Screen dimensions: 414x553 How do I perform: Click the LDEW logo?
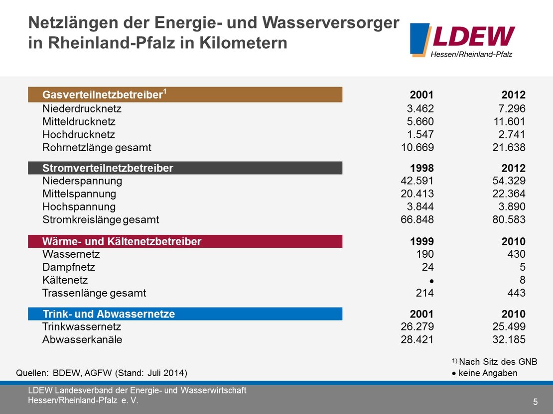pos(462,40)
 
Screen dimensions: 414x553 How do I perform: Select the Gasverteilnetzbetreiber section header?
pos(185,95)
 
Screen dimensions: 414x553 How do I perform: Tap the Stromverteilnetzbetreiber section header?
pos(185,168)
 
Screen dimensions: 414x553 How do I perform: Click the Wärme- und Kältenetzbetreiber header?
pos(185,242)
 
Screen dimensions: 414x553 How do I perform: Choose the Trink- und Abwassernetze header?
pos(185,314)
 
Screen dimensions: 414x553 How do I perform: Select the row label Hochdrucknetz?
pos(79,134)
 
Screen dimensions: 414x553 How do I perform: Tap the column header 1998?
pos(421,168)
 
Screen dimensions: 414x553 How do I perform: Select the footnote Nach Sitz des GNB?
pos(498,362)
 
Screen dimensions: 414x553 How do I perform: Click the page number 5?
pos(535,402)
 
